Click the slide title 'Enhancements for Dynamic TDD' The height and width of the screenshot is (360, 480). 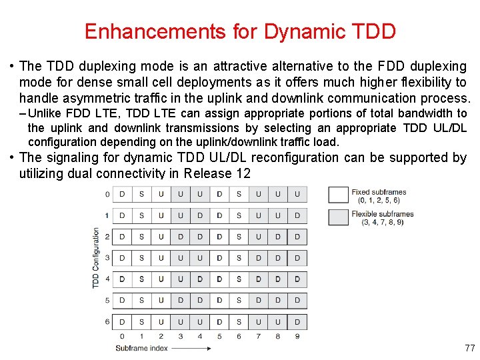point(240,31)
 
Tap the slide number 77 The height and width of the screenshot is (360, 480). point(469,348)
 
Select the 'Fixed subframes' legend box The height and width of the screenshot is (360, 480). point(339,195)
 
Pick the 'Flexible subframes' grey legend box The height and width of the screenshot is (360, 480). point(339,217)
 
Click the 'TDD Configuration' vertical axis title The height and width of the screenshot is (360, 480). point(96,258)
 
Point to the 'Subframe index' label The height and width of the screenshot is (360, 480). point(141,348)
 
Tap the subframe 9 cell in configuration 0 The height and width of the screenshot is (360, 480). point(297,194)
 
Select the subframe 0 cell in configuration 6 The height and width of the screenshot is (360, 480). point(122,322)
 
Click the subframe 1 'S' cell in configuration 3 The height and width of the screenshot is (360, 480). point(141,258)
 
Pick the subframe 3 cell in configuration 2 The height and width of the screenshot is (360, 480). point(181,237)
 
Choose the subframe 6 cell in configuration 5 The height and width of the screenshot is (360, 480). point(239,301)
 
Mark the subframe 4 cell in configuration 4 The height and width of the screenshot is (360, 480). point(200,279)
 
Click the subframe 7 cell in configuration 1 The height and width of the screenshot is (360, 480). point(259,215)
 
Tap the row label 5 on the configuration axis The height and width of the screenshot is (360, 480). point(107,301)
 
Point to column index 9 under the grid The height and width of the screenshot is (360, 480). point(297,336)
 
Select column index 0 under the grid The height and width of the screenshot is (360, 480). point(122,336)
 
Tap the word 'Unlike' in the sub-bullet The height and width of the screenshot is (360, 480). point(44,113)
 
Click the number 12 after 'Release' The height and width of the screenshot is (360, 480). point(243,173)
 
